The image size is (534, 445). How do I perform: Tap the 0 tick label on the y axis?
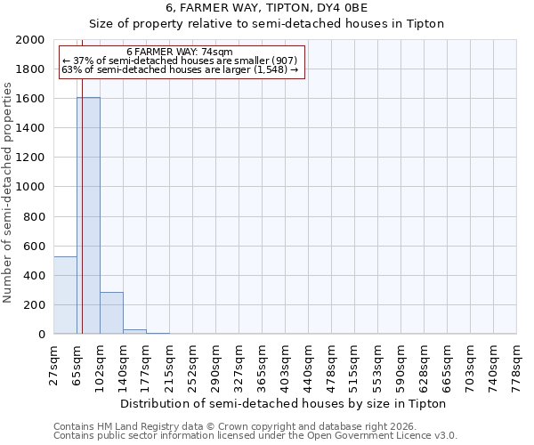41,335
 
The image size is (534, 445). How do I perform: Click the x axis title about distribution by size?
282,403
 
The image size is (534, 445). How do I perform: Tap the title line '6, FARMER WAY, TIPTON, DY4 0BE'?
267,8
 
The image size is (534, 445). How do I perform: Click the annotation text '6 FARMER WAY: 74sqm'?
180,53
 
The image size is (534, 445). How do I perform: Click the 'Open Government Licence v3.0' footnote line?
255,436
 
